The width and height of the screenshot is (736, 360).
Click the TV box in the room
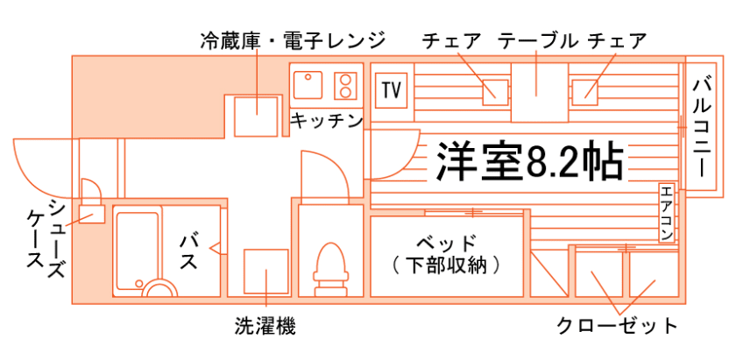[x=392, y=89]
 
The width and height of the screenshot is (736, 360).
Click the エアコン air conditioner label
[x=668, y=214]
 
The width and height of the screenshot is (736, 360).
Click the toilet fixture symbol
[x=331, y=264]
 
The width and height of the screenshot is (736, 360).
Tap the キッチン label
[x=327, y=121]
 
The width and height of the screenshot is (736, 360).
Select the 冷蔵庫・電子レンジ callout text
[x=293, y=40]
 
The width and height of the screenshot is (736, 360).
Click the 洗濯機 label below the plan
[x=265, y=327]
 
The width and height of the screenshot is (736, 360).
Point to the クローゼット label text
[x=618, y=327]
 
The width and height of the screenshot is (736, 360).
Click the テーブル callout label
[x=538, y=40]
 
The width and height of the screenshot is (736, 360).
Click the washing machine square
[x=265, y=272]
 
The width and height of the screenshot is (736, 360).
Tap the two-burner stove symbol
[x=347, y=86]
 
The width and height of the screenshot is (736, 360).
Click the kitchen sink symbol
[x=308, y=86]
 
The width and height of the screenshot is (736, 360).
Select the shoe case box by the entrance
[x=90, y=213]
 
